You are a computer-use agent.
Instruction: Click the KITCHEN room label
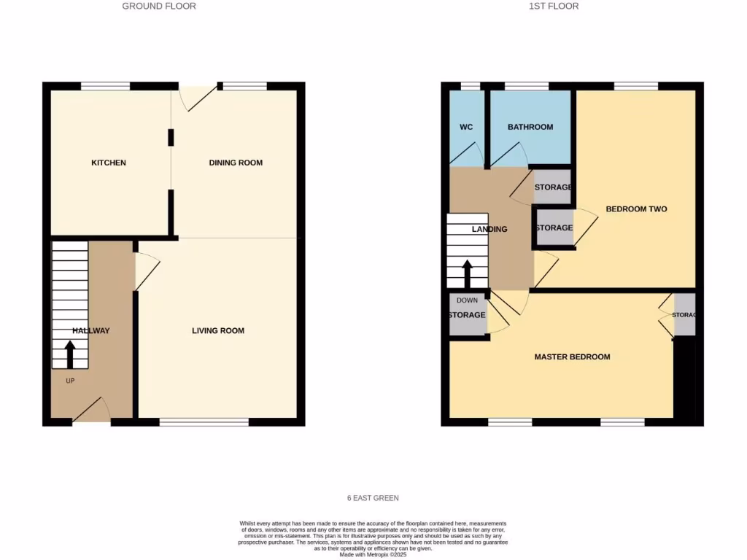pos(108,163)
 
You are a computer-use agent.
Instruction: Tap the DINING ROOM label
pos(236,163)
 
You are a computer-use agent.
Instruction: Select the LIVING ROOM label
pos(218,331)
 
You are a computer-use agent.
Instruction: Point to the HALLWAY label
pos(91,331)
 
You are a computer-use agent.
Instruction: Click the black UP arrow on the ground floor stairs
pos(70,355)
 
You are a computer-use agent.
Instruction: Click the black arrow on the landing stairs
pos(467,274)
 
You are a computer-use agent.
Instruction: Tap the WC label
pos(466,127)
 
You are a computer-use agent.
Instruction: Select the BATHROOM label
pos(530,127)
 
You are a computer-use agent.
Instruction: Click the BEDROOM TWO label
pos(636,209)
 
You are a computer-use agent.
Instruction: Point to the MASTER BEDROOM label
pos(572,357)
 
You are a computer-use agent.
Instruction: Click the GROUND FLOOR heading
pos(159,6)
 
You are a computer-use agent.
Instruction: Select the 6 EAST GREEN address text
pos(373,498)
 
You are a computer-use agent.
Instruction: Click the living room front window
pos(204,422)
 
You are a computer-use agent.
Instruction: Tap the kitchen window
pos(105,86)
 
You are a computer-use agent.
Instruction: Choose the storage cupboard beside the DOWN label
pos(467,315)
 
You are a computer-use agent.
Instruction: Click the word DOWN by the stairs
pos(467,300)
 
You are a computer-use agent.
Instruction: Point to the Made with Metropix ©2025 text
pos(373,554)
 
